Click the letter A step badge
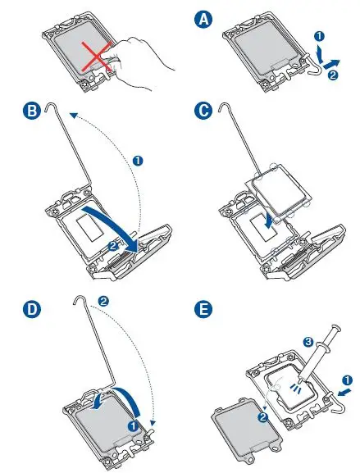pos(203,19)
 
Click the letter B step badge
pos(32,111)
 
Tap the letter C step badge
pos(203,111)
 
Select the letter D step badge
pos(32,310)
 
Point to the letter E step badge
pos(203,310)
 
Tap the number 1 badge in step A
pos(319,37)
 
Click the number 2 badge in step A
pos(333,75)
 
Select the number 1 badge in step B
pos(138,160)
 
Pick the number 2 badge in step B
pos(113,247)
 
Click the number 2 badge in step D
pos(103,301)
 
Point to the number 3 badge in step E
pos(308,342)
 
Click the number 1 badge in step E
pos(348,380)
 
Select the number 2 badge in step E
pos(263,418)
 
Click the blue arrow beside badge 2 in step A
pos(331,63)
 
